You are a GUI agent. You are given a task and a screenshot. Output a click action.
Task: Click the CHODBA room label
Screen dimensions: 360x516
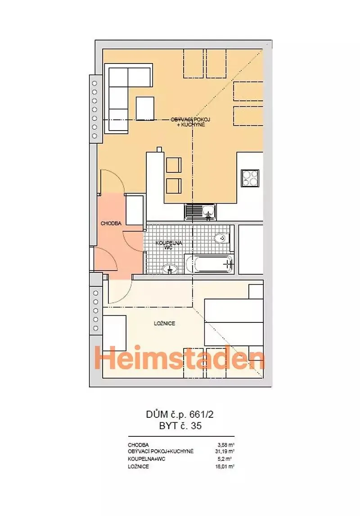click(x=111, y=223)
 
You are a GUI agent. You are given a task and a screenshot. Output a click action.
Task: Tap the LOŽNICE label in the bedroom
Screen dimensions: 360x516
click(x=164, y=323)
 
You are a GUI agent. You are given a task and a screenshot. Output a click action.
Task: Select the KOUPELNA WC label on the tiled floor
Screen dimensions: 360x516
click(x=169, y=245)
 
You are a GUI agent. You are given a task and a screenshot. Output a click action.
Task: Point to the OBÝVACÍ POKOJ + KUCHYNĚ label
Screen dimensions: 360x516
click(x=190, y=122)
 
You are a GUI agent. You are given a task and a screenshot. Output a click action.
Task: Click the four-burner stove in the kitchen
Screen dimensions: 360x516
click(x=250, y=178)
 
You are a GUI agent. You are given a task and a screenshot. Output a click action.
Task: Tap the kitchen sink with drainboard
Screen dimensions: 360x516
click(x=200, y=212)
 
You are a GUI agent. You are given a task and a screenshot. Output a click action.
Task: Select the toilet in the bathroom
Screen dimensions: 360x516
click(x=221, y=238)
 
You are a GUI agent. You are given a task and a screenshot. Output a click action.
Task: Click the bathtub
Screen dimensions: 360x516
click(x=209, y=264)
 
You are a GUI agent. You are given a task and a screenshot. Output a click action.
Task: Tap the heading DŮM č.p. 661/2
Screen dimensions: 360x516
click(x=180, y=414)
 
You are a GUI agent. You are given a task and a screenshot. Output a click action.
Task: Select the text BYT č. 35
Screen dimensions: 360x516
click(x=180, y=426)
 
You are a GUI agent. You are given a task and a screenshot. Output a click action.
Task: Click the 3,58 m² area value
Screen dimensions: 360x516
click(x=227, y=445)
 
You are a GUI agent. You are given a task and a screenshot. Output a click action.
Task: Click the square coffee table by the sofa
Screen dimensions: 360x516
click(x=145, y=108)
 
